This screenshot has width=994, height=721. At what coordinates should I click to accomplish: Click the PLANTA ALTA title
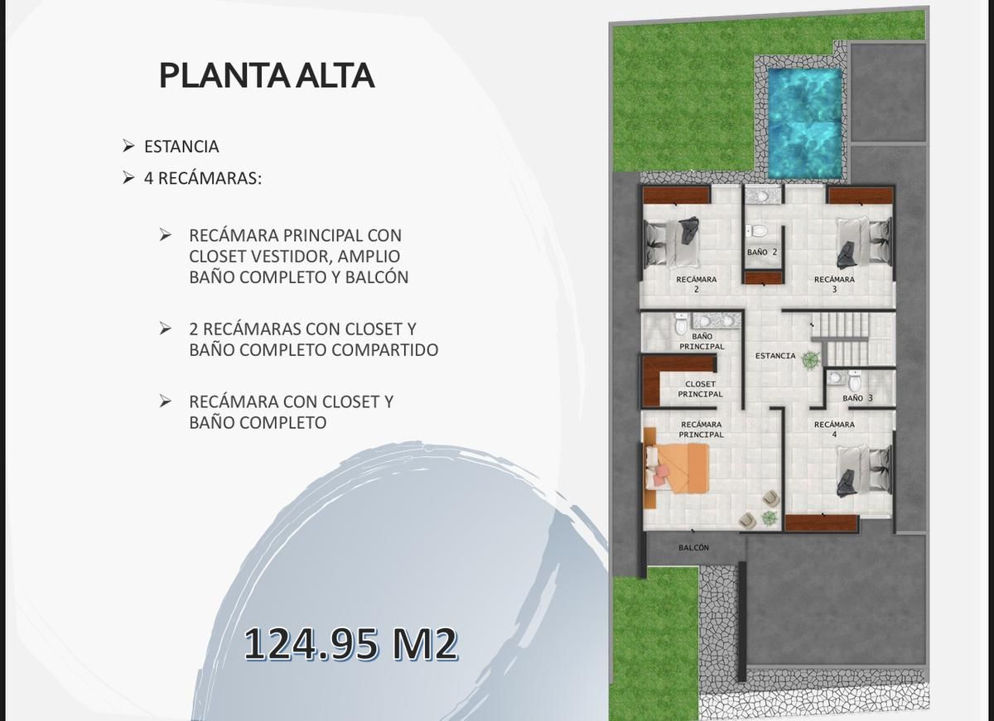click(267, 76)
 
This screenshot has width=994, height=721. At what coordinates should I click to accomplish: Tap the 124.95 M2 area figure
click(350, 644)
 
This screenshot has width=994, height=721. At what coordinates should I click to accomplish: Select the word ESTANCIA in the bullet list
click(181, 147)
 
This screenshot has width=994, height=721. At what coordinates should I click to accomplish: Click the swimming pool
click(804, 123)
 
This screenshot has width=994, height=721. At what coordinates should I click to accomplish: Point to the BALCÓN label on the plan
click(693, 548)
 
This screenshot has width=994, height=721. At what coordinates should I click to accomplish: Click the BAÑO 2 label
click(762, 252)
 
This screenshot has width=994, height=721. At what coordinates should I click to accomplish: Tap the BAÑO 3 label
click(857, 397)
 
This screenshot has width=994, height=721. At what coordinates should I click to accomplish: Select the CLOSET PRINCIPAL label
click(700, 389)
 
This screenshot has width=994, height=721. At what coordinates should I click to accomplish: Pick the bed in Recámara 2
click(672, 242)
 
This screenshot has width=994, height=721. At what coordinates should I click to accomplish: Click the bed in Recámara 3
click(865, 242)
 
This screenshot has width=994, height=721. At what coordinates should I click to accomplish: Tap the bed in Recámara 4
click(865, 471)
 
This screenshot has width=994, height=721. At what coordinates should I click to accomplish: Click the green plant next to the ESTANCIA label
click(811, 358)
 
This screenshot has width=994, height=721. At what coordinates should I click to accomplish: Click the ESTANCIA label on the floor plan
click(775, 356)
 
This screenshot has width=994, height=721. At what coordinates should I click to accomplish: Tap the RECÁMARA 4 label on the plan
click(834, 430)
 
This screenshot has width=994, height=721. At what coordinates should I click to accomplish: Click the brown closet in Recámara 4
click(821, 523)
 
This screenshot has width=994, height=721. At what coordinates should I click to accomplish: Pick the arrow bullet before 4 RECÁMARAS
click(128, 178)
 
